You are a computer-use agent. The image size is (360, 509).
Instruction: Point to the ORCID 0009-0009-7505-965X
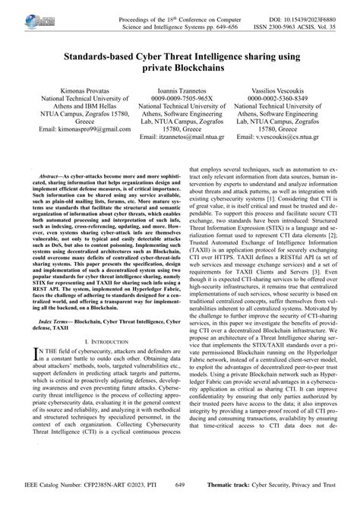click(x=180, y=98)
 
